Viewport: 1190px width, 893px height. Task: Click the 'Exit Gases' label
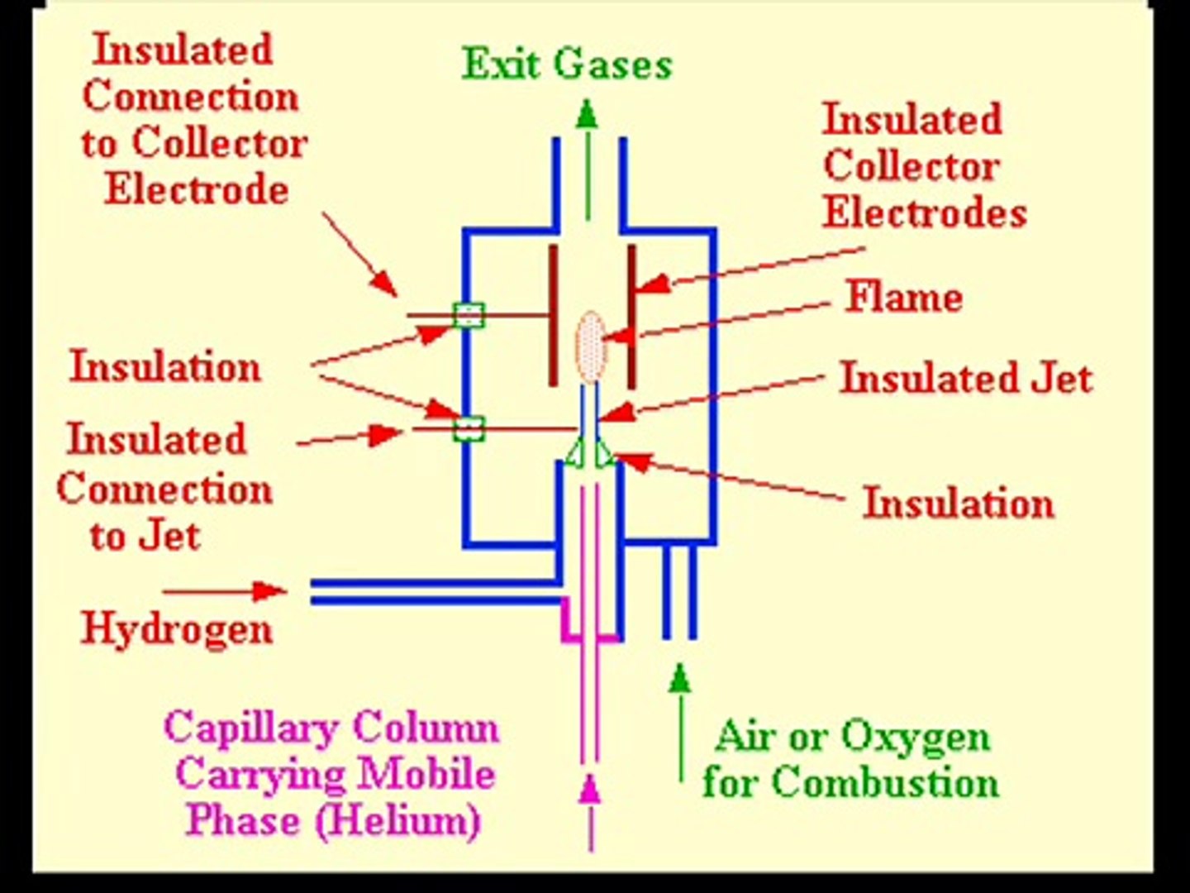click(x=567, y=64)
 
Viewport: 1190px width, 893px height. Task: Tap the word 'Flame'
click(x=904, y=297)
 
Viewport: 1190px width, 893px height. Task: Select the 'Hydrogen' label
click(x=177, y=628)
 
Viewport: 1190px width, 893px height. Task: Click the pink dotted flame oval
click(x=590, y=346)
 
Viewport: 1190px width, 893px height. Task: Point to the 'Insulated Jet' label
click(x=966, y=379)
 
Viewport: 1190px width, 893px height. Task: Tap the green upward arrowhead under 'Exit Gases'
click(x=588, y=114)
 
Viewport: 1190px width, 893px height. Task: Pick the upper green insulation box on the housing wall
click(x=468, y=314)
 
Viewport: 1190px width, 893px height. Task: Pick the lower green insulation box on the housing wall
click(x=468, y=428)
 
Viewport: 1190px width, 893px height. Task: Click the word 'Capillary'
click(x=251, y=728)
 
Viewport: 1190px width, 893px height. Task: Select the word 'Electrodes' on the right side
click(x=925, y=213)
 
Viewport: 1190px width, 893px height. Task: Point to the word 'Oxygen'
click(x=916, y=736)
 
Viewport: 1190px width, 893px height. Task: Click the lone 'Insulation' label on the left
click(x=165, y=366)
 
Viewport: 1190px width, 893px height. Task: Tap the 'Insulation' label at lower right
click(x=959, y=503)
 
